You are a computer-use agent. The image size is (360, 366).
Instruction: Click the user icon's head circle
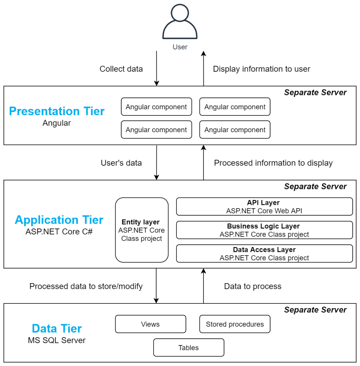coord(180,14)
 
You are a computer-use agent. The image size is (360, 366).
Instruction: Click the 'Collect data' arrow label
coord(121,69)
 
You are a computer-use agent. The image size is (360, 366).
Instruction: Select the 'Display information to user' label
coord(261,69)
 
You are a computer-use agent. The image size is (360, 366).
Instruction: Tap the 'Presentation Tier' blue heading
coord(57,111)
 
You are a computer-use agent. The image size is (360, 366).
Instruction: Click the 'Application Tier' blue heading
coord(59,220)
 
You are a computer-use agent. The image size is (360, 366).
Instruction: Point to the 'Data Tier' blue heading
coord(57,328)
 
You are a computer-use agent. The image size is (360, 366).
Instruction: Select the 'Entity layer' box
coord(142,230)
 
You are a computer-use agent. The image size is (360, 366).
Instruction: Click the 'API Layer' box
coord(264,207)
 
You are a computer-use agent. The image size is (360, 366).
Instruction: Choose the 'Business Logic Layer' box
coord(264,230)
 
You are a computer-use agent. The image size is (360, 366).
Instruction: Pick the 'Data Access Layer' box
coord(264,253)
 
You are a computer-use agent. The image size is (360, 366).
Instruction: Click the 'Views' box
coord(150,324)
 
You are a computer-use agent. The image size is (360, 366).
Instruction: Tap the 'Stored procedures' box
coord(235,324)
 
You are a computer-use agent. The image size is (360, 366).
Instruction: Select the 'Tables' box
coord(189,347)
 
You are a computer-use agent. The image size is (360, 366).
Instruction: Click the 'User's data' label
coord(121,163)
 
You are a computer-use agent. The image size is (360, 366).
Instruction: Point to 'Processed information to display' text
coord(273,163)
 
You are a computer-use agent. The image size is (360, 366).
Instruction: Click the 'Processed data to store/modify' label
coord(86,286)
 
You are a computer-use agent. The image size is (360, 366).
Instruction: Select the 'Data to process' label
coord(252,286)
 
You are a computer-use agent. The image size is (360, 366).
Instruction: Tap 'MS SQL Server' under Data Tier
coord(57,340)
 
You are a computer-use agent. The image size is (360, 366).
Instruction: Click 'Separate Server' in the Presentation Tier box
coord(315,93)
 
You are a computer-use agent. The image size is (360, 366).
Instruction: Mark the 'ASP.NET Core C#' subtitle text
coord(59,231)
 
